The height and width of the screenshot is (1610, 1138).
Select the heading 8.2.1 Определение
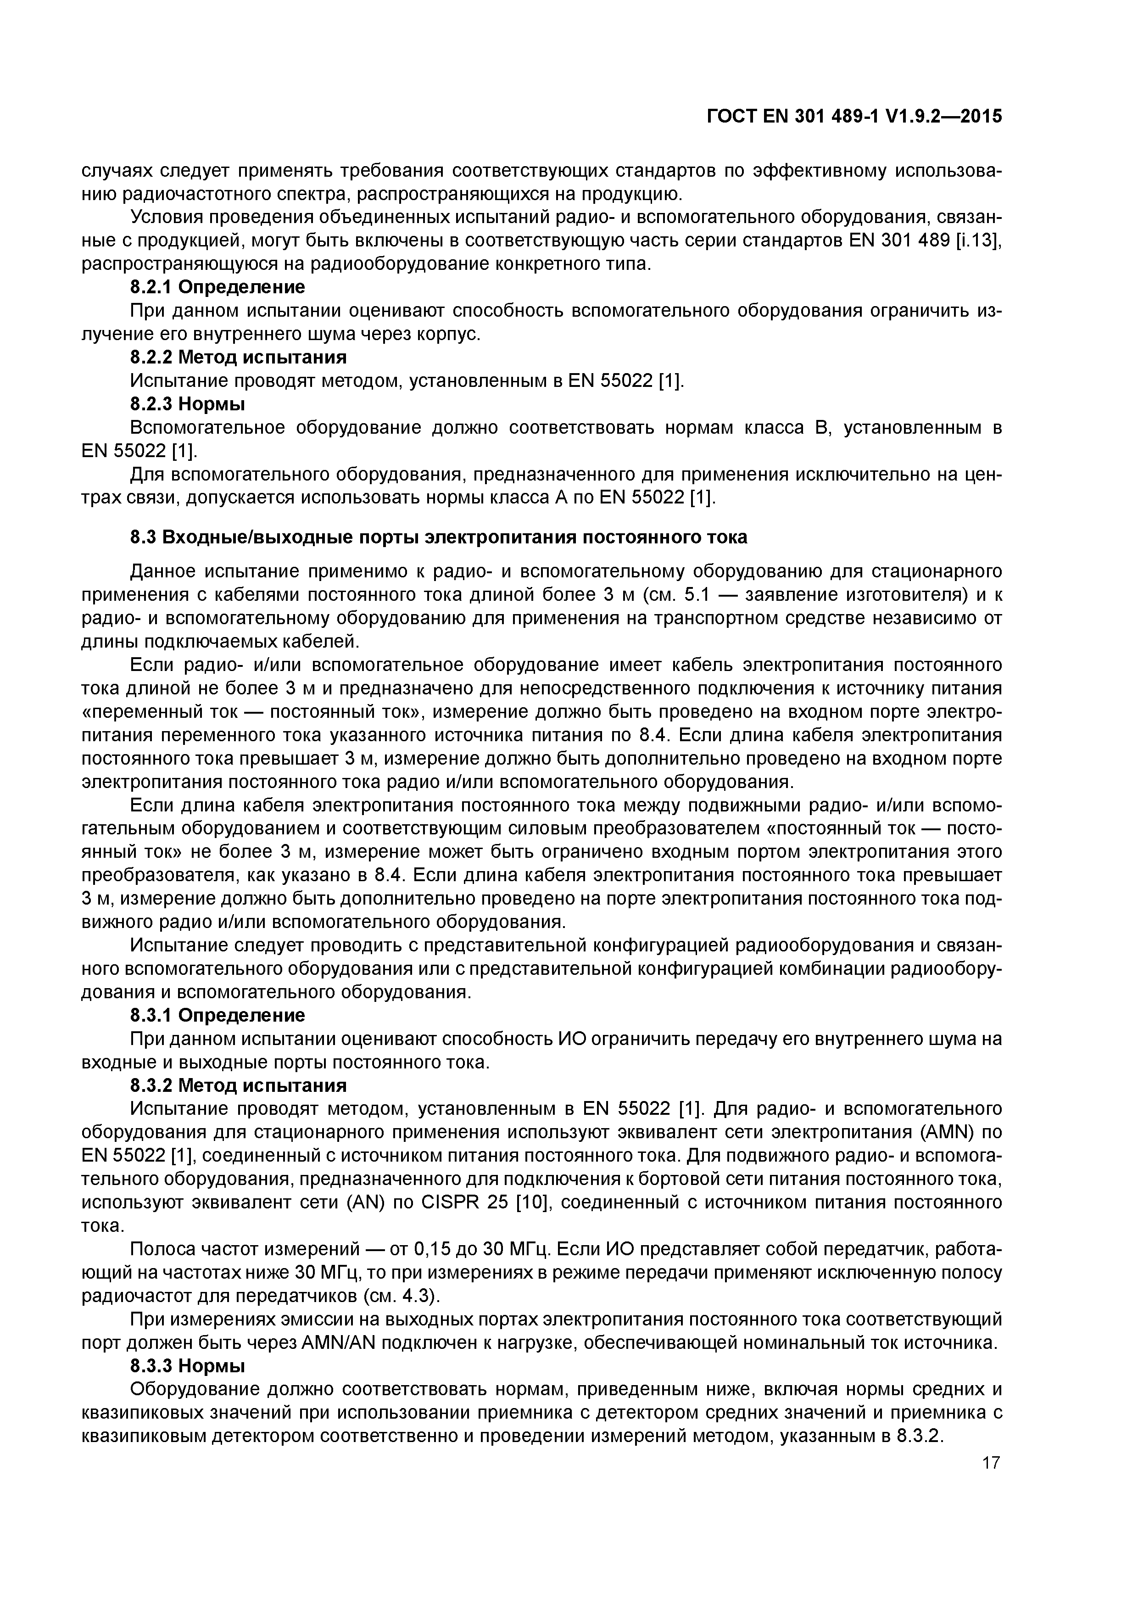pos(218,287)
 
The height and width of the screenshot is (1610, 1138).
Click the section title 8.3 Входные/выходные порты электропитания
pos(438,537)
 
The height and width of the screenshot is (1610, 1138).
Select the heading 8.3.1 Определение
pos(218,1015)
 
